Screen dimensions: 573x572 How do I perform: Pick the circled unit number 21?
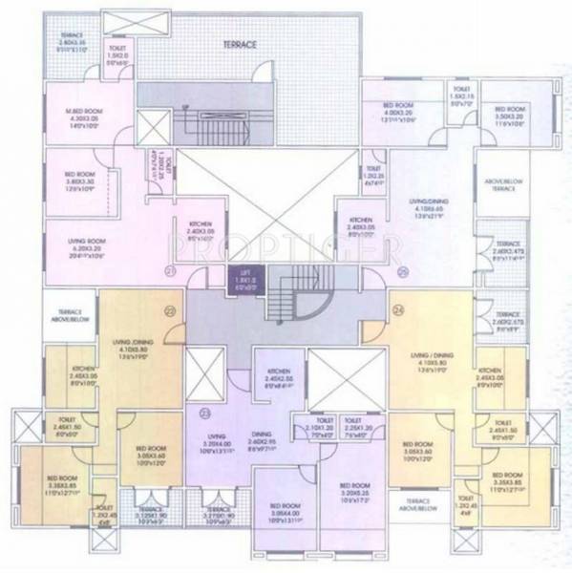[x=171, y=272]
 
